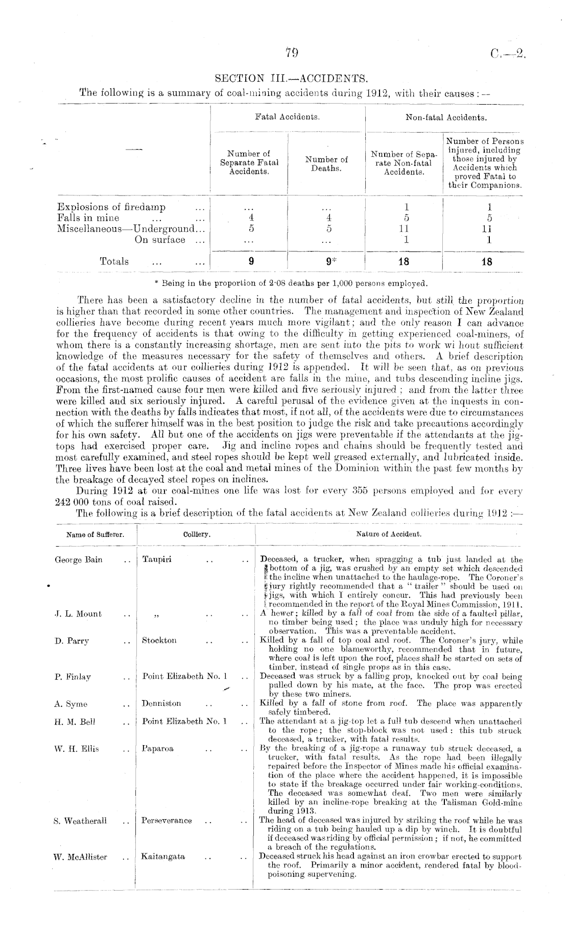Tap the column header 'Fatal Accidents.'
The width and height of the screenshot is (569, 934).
coord(288,117)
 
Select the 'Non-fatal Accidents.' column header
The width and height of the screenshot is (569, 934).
coord(445,117)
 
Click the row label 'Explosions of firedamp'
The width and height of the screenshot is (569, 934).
coord(111,207)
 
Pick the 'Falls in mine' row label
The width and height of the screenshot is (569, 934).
coord(88,218)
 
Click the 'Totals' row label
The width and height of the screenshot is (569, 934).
coord(114,262)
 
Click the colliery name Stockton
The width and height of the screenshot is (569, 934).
coord(159,641)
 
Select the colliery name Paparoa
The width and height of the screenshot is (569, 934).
coord(158,749)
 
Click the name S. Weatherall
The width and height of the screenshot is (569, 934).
coord(80,821)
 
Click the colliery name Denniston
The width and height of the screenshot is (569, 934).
coord(161,703)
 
